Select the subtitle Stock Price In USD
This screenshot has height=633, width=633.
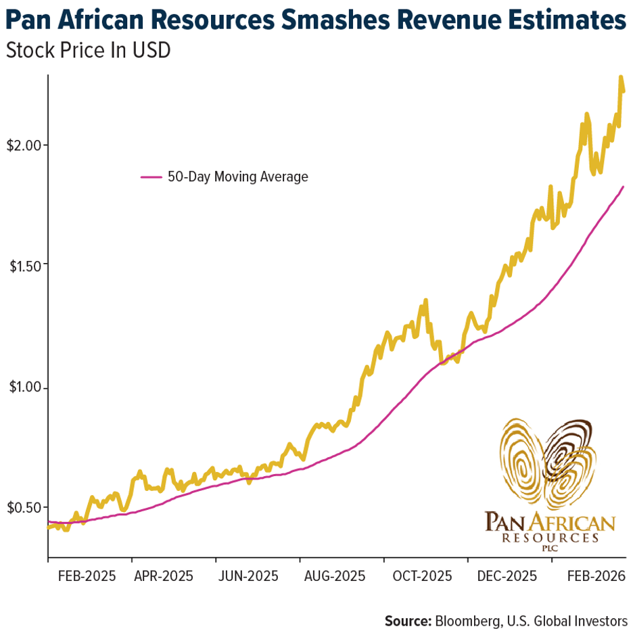click(87, 51)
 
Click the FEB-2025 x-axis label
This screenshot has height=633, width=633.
click(87, 577)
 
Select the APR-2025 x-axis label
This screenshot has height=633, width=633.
click(163, 577)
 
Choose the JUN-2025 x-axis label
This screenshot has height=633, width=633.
click(248, 577)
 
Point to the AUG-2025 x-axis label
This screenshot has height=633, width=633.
click(334, 577)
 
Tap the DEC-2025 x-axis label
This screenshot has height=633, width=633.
click(507, 577)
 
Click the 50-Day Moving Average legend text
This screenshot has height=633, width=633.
click(237, 177)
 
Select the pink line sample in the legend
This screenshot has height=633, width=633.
click(151, 177)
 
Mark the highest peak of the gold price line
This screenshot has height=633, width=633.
click(620, 78)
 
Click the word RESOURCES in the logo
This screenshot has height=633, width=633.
click(550, 538)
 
